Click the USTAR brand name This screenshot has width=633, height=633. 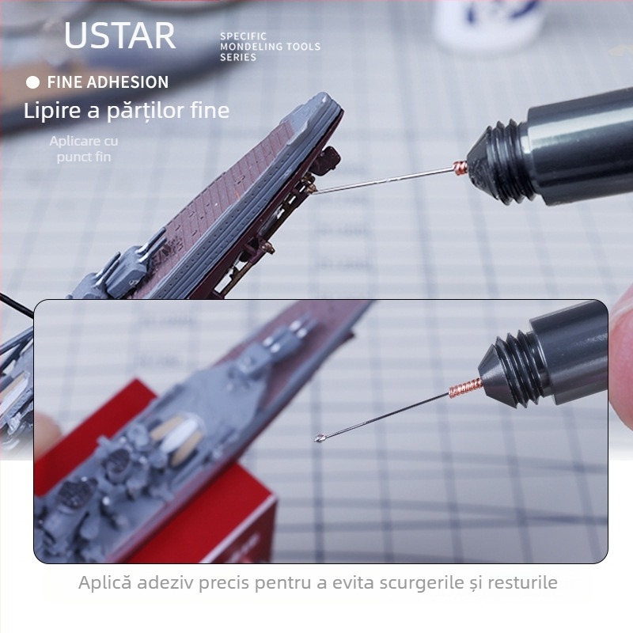119,36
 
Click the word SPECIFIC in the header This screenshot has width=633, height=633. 243,36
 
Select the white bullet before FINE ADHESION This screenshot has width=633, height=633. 32,82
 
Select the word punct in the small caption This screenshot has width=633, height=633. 74,157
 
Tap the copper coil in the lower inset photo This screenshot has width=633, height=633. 465,389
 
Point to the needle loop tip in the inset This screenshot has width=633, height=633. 320,438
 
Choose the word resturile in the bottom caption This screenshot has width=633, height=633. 519,583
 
